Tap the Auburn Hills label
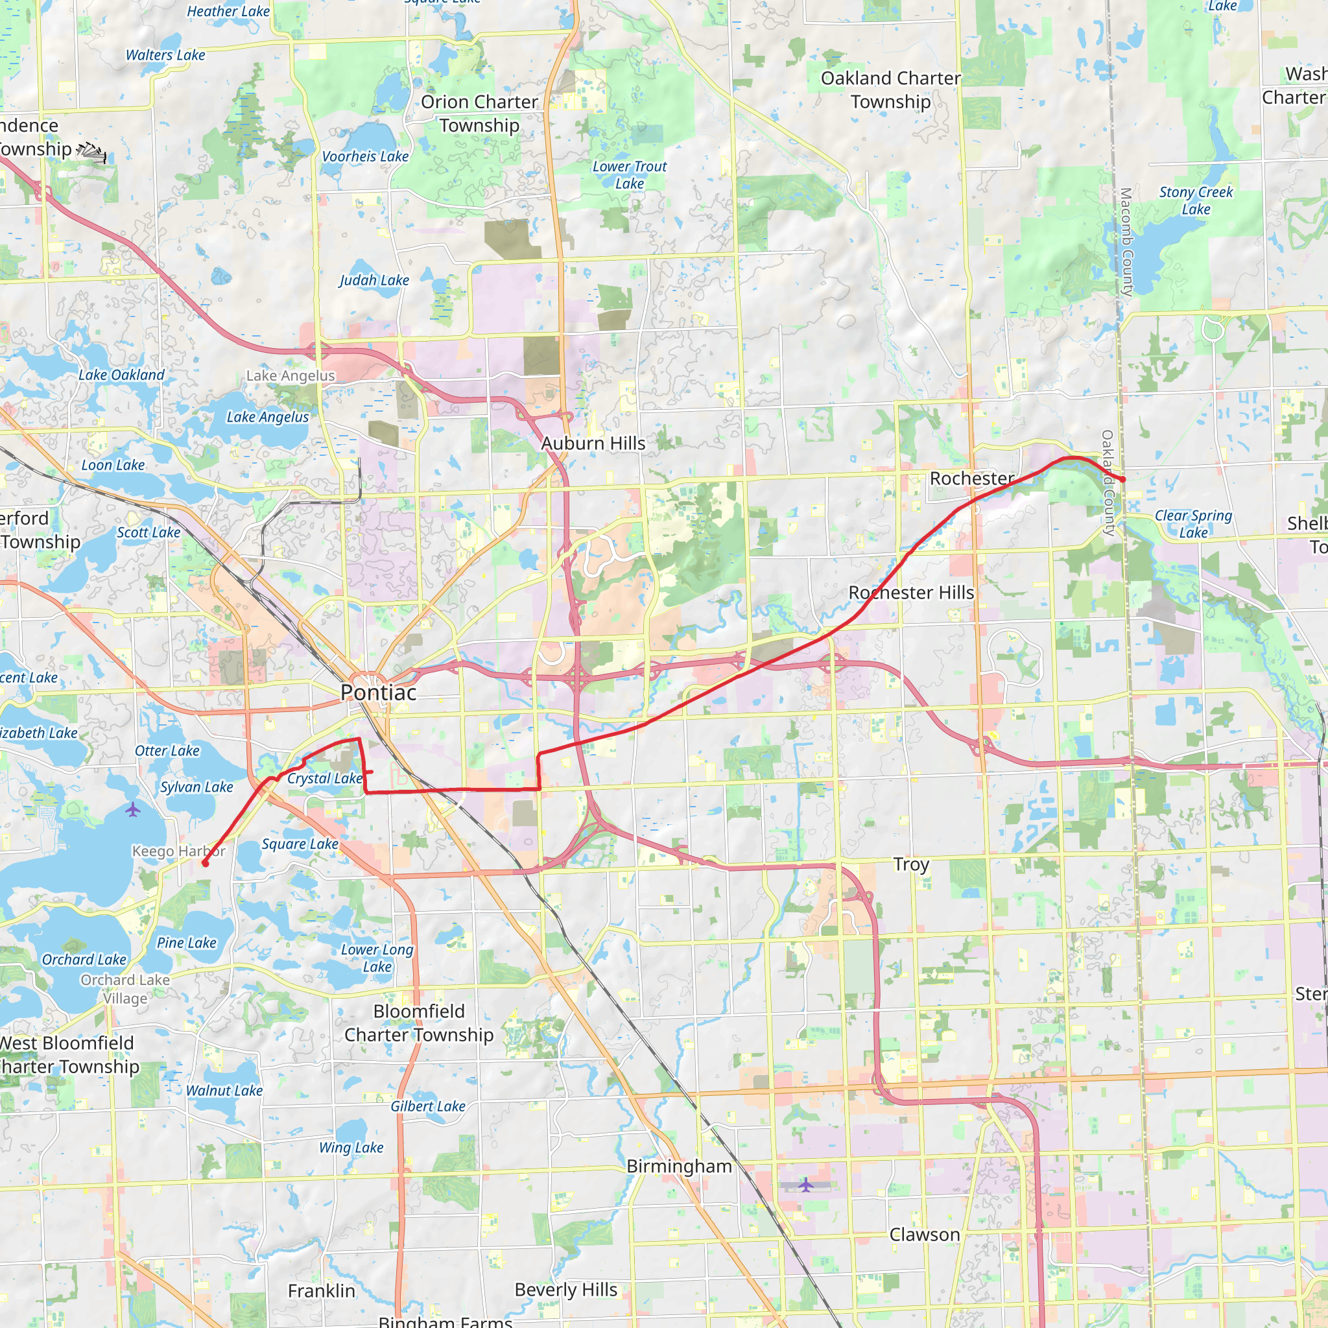point(593,444)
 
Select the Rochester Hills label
point(911,593)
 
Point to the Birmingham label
point(679,1166)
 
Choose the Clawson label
point(925,1235)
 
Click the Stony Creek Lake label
point(1196,201)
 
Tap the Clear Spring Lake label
point(1193,524)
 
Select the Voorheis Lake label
point(365,157)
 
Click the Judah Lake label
point(374,280)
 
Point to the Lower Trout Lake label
point(630,174)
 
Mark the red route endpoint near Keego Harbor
point(205,863)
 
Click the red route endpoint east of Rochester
point(1122,479)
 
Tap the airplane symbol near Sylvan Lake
point(134,810)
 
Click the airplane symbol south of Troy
point(805,1184)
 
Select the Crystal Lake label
point(324,779)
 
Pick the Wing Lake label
point(351,1147)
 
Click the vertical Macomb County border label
point(1125,242)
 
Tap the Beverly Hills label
point(565,1290)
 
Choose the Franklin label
point(322,1291)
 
